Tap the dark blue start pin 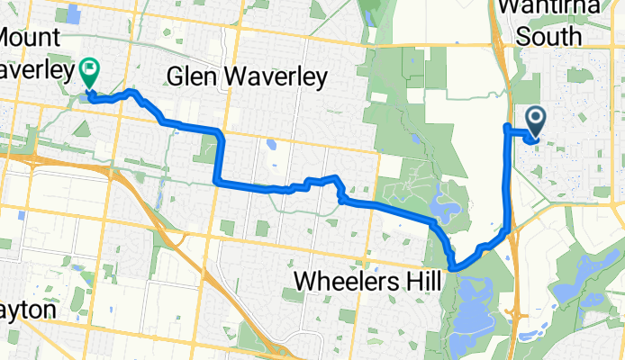[x=534, y=120]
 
